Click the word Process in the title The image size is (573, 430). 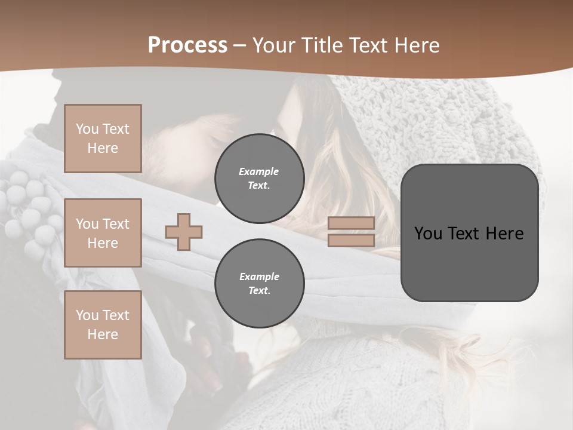tap(187, 45)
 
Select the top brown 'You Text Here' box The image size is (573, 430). tap(103, 139)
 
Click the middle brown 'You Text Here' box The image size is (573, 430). tap(103, 233)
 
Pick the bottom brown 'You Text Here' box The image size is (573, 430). tap(103, 325)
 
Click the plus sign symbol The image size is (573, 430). tap(184, 232)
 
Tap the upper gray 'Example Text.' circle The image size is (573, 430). tap(260, 179)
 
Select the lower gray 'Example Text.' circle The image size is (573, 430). tap(260, 284)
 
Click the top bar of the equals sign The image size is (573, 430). tap(352, 223)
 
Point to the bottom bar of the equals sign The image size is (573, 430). tap(352, 240)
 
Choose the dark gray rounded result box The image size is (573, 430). tap(469, 263)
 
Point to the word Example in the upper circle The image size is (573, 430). tap(258, 171)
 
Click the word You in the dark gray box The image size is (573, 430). tap(427, 234)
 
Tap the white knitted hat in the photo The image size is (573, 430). tap(454, 119)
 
